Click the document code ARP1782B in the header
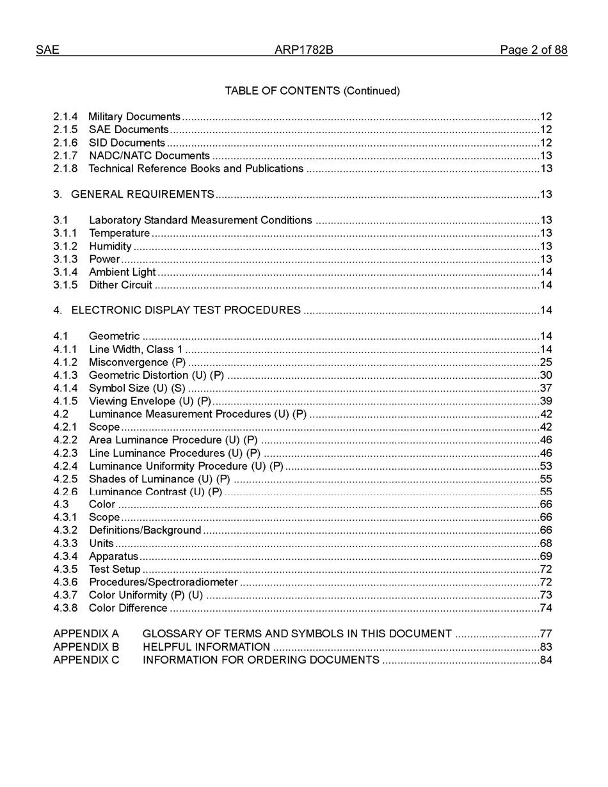tap(303, 50)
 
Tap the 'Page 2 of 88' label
tap(533, 50)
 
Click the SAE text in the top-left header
tap(47, 50)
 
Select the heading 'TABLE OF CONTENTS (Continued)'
tap(312, 91)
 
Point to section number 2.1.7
tap(65, 155)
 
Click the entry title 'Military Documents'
tap(134, 116)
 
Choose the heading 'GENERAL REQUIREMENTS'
tap(143, 194)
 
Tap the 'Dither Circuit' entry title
tap(120, 285)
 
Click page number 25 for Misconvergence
tap(546, 362)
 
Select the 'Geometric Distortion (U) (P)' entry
tap(156, 375)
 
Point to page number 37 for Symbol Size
tap(546, 388)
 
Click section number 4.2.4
tap(65, 466)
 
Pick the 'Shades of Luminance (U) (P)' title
tap(159, 479)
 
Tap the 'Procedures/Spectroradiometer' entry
tap(163, 582)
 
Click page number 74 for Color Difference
tap(546, 608)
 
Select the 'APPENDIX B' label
tap(86, 647)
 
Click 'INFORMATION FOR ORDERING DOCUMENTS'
tap(260, 660)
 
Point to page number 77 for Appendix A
tap(546, 633)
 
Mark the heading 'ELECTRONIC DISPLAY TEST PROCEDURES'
tap(186, 310)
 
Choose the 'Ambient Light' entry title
tap(122, 272)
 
